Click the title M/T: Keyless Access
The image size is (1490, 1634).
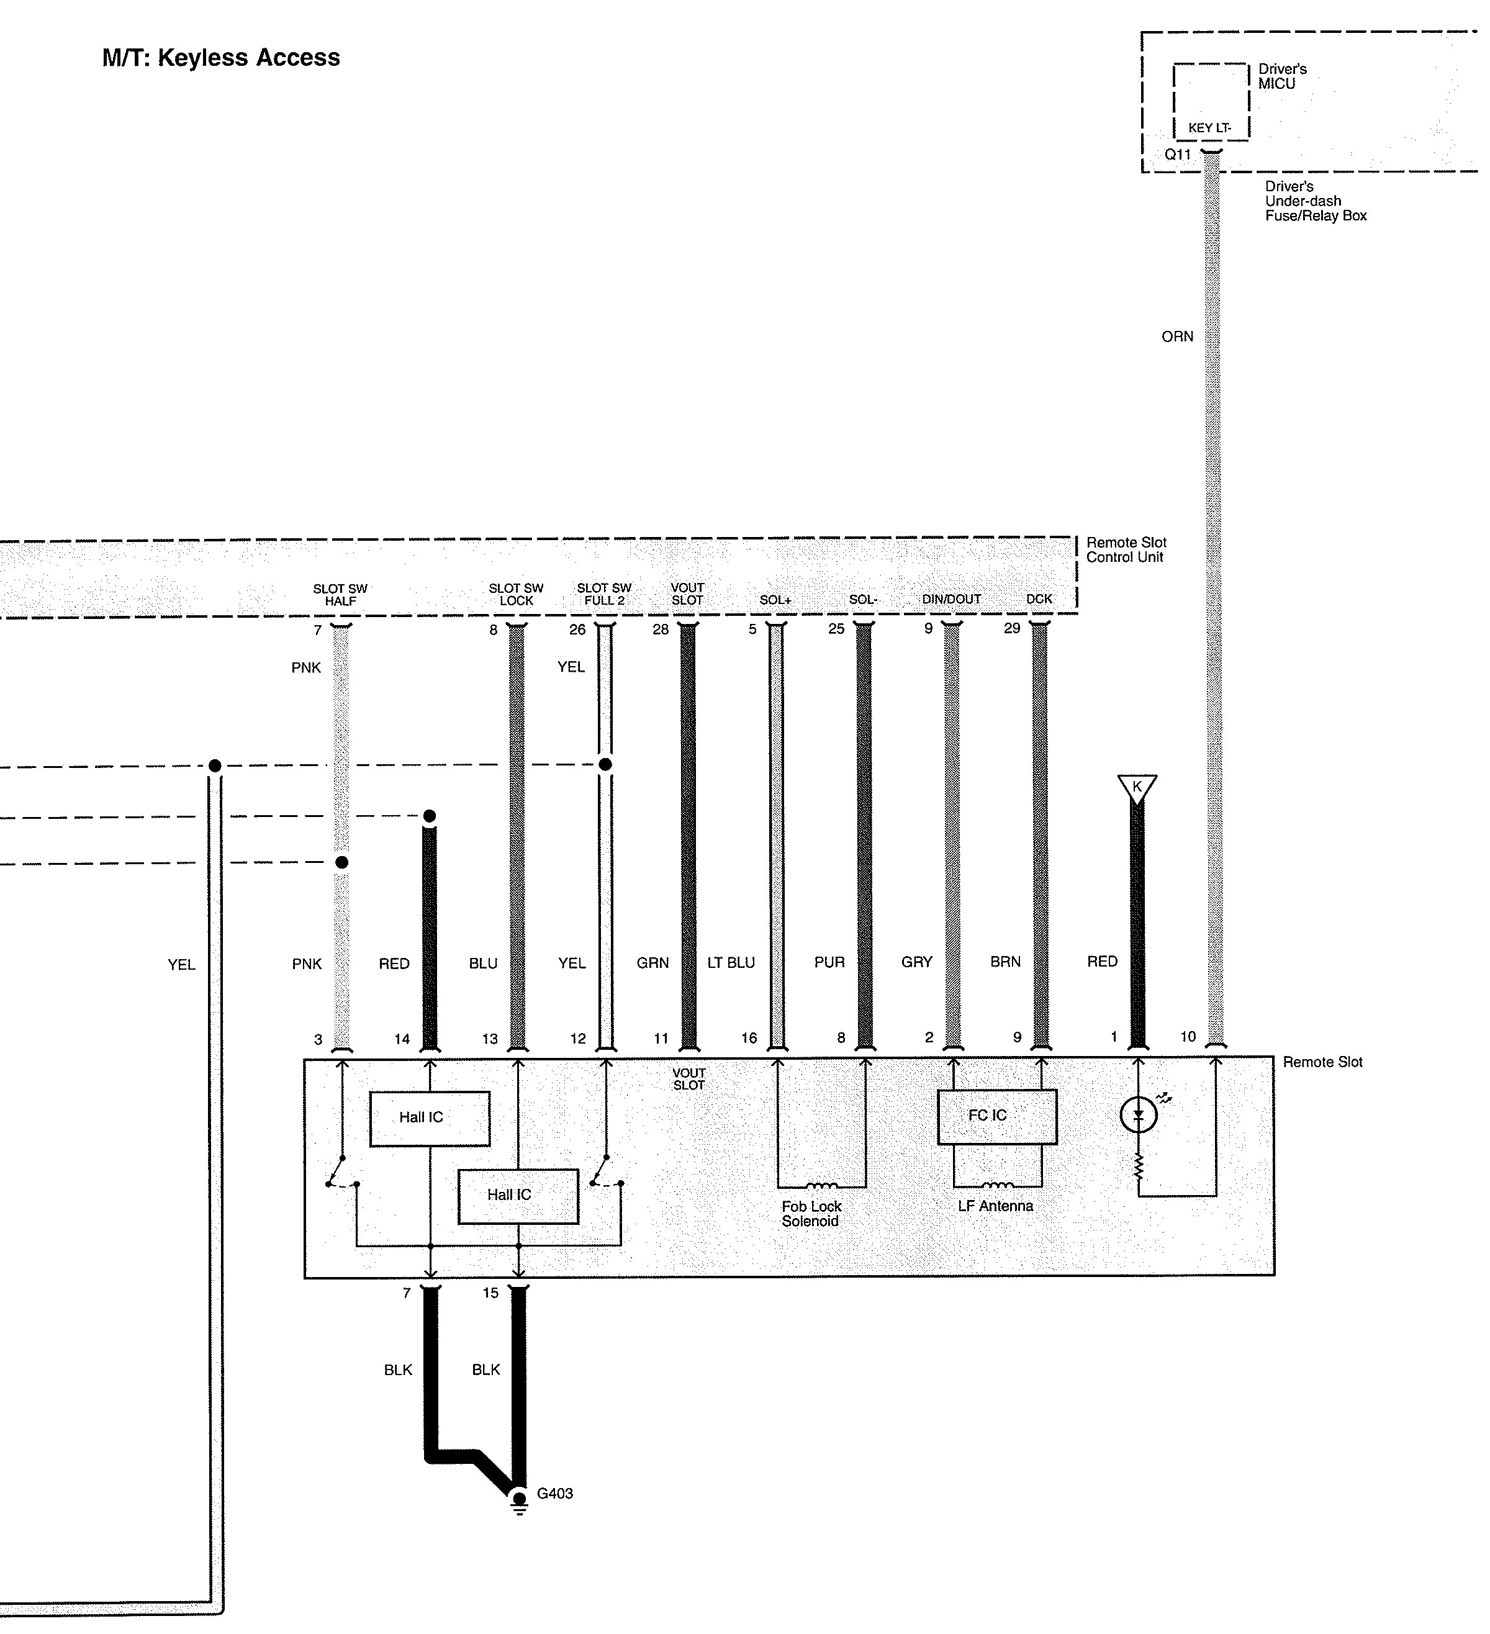coord(220,58)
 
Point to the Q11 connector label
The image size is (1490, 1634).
coord(1177,154)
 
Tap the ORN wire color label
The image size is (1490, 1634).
coord(1177,336)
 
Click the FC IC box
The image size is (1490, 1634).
coord(996,1116)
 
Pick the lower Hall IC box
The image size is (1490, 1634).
coord(518,1196)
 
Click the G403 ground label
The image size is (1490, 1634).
coord(554,1494)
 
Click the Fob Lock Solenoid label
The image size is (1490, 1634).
coord(811,1213)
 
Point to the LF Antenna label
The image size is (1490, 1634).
coord(995,1206)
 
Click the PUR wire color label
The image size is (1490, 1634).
coord(829,962)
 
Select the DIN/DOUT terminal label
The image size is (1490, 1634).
coord(951,599)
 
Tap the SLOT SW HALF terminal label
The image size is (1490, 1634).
coord(340,594)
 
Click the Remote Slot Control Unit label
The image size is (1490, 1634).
coord(1126,549)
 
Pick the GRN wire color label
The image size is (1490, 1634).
coord(652,963)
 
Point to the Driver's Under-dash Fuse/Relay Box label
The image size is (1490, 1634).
coord(1315,201)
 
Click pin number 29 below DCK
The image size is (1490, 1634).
coord(1012,628)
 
